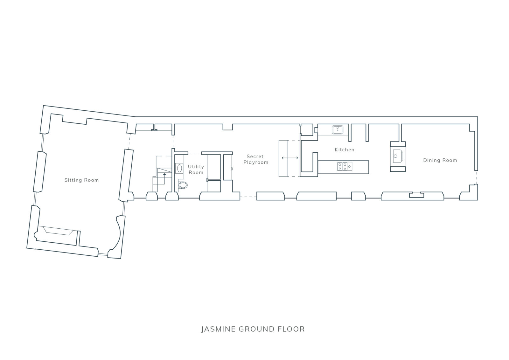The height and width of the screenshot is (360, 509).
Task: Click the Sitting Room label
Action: pyautogui.click(x=81, y=180)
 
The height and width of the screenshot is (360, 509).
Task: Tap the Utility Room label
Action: pyautogui.click(x=196, y=170)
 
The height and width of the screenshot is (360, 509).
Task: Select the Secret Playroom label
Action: pyautogui.click(x=256, y=159)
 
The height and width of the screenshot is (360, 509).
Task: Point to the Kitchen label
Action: pyautogui.click(x=345, y=150)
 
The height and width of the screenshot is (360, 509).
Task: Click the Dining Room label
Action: pyautogui.click(x=440, y=160)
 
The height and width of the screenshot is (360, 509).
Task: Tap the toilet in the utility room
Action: pyautogui.click(x=183, y=185)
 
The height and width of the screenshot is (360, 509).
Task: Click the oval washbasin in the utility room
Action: pyautogui.click(x=179, y=168)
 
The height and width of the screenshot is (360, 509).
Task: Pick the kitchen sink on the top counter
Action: pyautogui.click(x=338, y=130)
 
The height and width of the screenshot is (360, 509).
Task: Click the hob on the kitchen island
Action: pyautogui.click(x=345, y=166)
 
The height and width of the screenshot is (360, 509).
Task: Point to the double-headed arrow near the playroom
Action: pyautogui.click(x=290, y=158)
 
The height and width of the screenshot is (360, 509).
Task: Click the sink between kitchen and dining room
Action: pyautogui.click(x=398, y=156)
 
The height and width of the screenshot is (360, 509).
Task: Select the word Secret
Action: pyautogui.click(x=255, y=156)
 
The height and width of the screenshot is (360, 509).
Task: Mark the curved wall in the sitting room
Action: pyautogui.click(x=119, y=234)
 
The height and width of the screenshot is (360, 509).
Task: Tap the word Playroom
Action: pyautogui.click(x=256, y=163)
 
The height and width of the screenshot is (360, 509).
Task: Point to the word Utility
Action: pyautogui.click(x=196, y=167)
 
